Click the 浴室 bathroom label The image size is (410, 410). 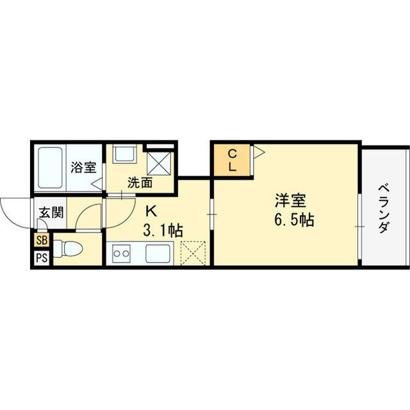point(83,168)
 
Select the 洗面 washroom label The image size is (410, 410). point(140,182)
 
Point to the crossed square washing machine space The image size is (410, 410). point(160,160)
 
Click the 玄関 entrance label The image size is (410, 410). point(50,213)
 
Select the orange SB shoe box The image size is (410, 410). point(42,241)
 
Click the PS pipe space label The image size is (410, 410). point(42,258)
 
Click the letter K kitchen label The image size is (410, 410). point(152,209)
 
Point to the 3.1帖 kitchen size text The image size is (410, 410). point(163,230)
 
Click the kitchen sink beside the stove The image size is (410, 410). point(158,254)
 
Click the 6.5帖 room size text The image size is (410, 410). point(293,221)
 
